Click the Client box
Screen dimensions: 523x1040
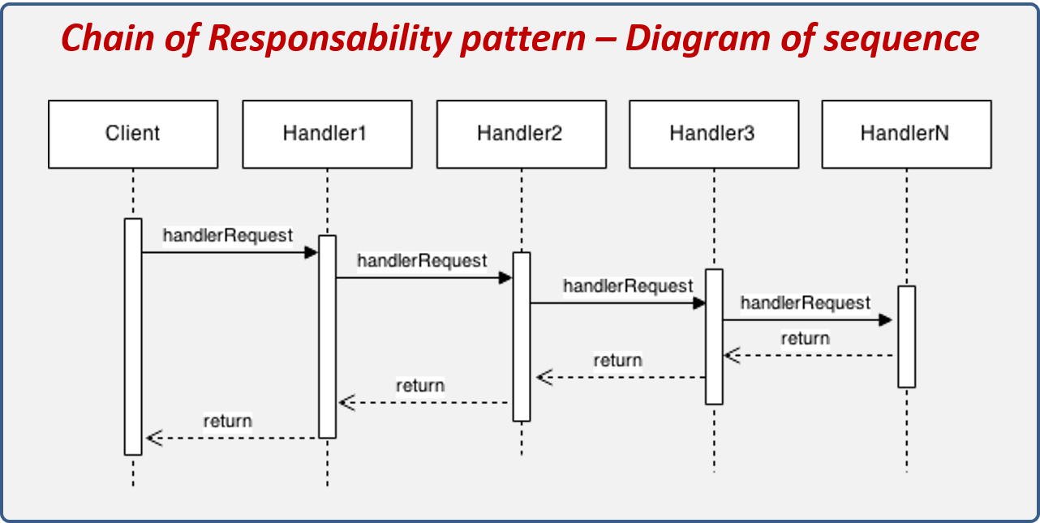point(133,134)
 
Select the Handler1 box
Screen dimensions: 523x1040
point(327,134)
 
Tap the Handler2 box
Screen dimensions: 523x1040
point(521,134)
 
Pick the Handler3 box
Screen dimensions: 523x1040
point(714,134)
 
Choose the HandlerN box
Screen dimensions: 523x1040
point(906,134)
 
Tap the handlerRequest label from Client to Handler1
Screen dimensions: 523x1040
point(228,236)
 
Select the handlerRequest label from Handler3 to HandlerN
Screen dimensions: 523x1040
point(806,303)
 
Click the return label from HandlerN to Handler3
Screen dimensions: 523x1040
point(806,338)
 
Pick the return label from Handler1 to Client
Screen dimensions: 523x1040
point(228,421)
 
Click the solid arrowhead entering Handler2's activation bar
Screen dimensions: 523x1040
point(505,278)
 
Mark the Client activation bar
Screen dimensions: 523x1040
point(133,337)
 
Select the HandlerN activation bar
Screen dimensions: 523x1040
point(906,337)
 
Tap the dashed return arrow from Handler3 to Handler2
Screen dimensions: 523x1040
point(621,378)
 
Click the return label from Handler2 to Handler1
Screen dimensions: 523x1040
point(420,386)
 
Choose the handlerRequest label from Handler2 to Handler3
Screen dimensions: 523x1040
point(629,286)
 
